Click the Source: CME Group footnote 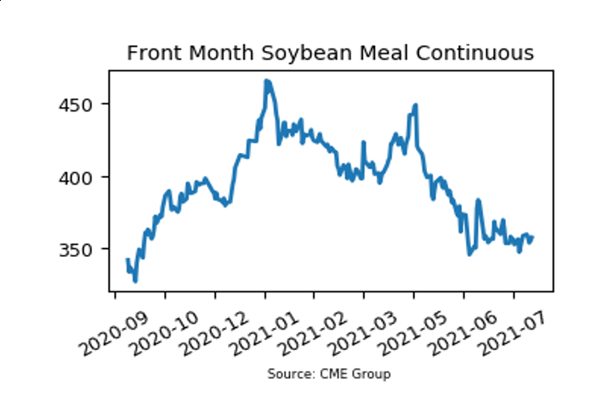tap(329, 374)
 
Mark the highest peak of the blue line tap(266, 81)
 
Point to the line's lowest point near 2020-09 tap(135, 280)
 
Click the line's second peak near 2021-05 tap(415, 105)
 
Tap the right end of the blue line tap(533, 237)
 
